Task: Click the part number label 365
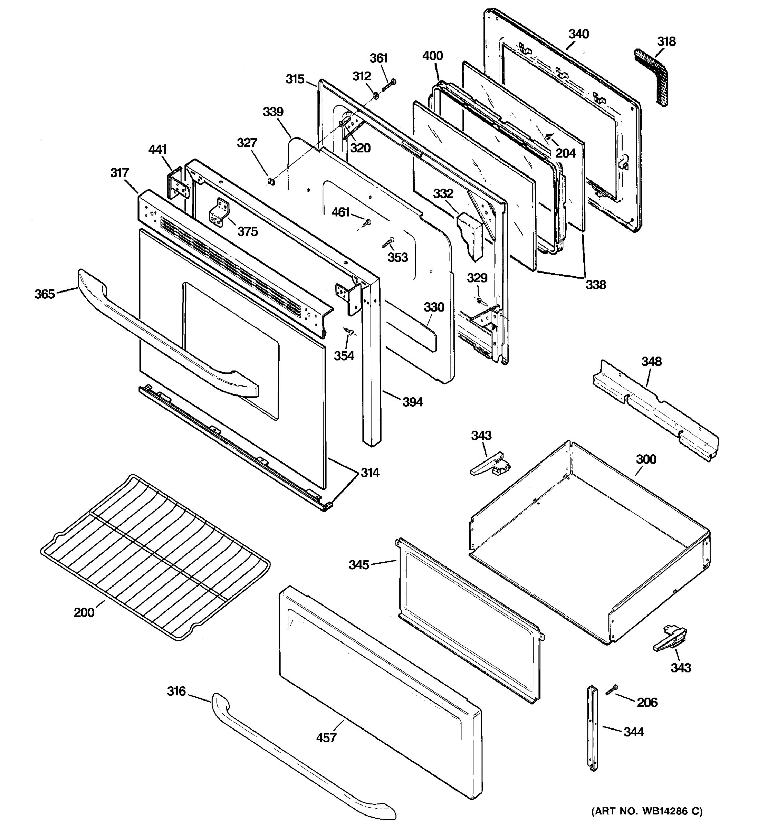(45, 294)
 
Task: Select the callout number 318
(666, 41)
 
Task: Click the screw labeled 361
(388, 85)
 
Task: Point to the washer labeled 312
(375, 96)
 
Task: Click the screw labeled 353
(388, 243)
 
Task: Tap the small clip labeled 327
(271, 181)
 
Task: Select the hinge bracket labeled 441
(178, 185)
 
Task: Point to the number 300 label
(646, 459)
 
